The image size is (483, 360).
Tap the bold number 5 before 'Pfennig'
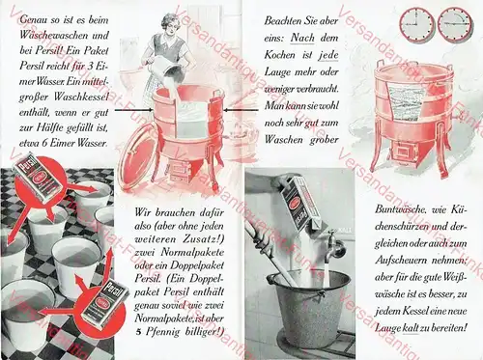139,331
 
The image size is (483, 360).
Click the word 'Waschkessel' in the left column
71,103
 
